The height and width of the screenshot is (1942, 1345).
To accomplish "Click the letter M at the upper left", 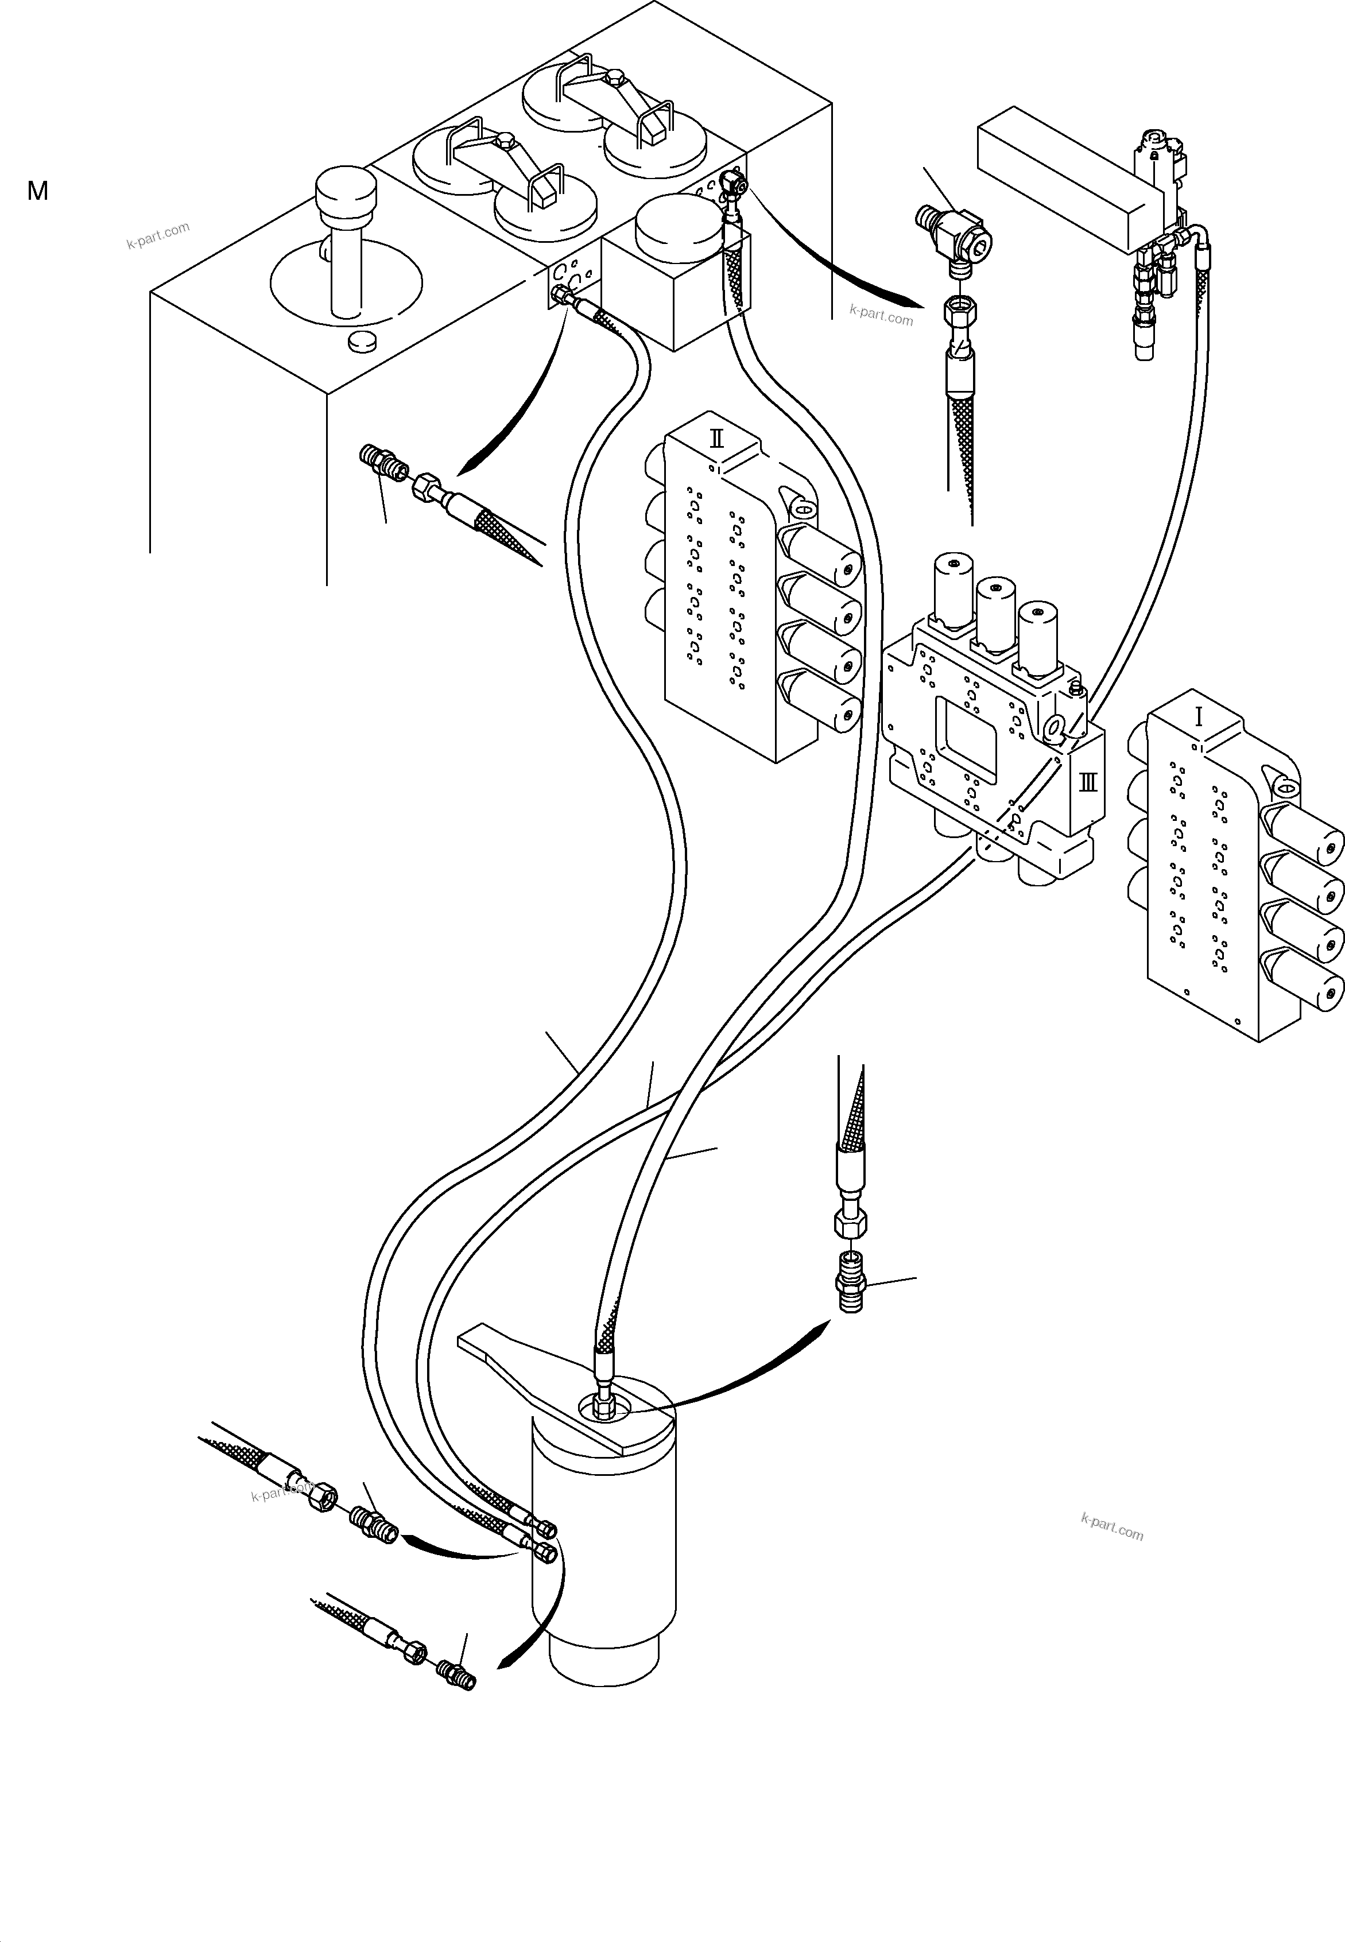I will pyautogui.click(x=38, y=191).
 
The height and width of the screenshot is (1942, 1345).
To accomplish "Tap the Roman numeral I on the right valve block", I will pyautogui.click(x=1199, y=718).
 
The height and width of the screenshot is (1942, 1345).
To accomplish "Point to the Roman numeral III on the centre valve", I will pyautogui.click(x=1088, y=782).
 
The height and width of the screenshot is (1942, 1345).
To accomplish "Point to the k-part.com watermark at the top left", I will pyautogui.click(x=158, y=236).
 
